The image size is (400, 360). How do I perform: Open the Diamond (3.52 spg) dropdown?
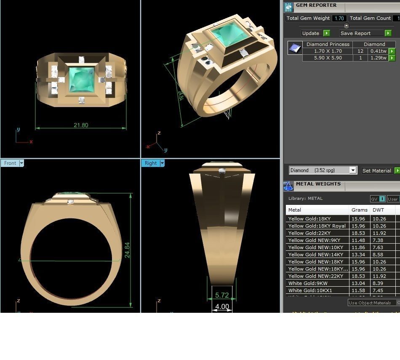pyautogui.click(x=353, y=170)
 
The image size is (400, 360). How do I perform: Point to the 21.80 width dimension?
pyautogui.click(x=81, y=125)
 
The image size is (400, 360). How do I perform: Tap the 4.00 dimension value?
pyautogui.click(x=222, y=307)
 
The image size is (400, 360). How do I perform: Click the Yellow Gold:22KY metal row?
pyautogui.click(x=309, y=233)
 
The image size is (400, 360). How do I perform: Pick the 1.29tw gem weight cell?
pyautogui.click(x=378, y=58)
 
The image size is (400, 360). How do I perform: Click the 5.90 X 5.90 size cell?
pyautogui.click(x=328, y=58)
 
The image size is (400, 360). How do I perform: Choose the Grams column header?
pyautogui.click(x=359, y=210)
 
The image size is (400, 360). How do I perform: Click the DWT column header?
pyautogui.click(x=378, y=210)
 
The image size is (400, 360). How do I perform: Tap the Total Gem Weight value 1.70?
pyautogui.click(x=339, y=19)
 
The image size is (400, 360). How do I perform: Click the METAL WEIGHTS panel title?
pyautogui.click(x=318, y=184)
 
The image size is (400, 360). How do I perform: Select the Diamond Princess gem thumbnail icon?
pyautogui.click(x=295, y=48)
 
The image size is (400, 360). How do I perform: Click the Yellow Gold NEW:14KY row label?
pyautogui.click(x=315, y=255)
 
